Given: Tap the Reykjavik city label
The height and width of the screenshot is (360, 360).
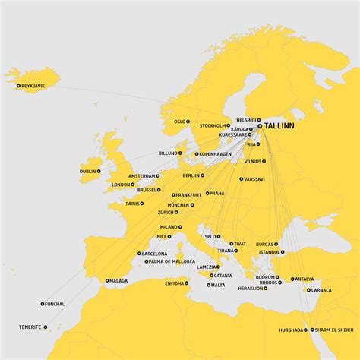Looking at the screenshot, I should [33, 86].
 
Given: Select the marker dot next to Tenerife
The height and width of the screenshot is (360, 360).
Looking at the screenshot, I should [46, 327].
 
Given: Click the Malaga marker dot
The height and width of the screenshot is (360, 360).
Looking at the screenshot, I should [107, 281].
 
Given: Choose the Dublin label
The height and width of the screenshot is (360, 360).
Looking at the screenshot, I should [88, 172].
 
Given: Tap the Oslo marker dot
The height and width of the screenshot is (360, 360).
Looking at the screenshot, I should [190, 122].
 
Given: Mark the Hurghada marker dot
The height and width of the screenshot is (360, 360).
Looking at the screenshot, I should [308, 330].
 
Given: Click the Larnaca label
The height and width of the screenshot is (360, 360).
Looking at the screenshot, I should [321, 290].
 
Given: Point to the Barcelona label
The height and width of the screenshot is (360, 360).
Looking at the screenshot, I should [154, 254].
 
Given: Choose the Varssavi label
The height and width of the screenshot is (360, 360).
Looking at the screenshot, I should [254, 179].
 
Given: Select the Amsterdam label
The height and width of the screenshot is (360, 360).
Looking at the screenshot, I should [141, 176].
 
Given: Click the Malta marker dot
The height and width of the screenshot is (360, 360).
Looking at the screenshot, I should [208, 286].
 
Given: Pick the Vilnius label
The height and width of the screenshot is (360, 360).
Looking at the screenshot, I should [253, 162].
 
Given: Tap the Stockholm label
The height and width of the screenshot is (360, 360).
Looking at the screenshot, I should [213, 125].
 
